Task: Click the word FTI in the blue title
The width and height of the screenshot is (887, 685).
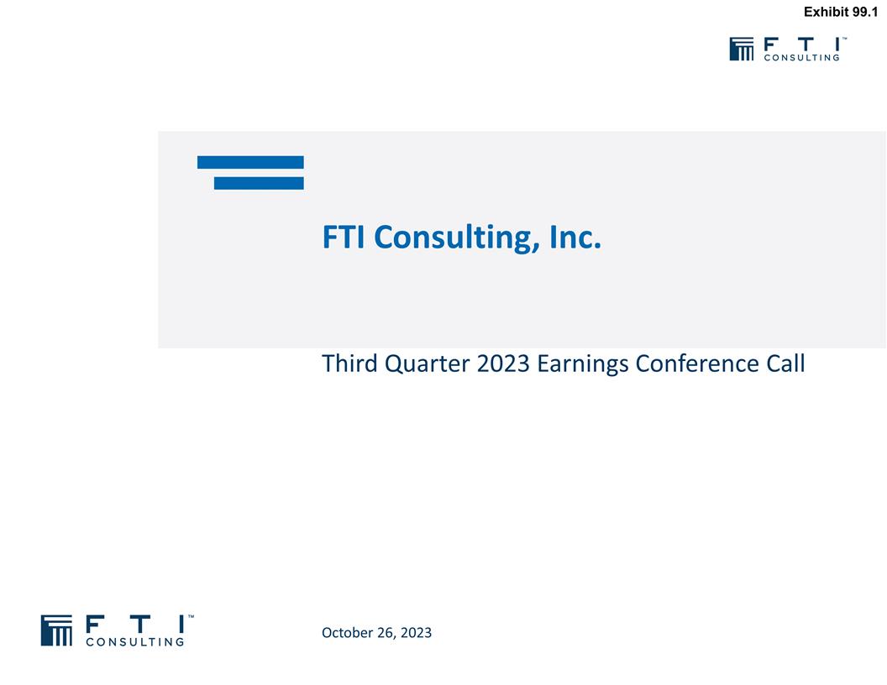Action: point(344,238)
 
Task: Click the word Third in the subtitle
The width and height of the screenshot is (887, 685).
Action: point(350,364)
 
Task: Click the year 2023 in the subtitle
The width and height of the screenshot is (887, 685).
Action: point(502,364)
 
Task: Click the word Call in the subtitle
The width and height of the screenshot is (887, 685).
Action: point(785,364)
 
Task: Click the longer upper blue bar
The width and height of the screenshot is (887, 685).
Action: point(250,162)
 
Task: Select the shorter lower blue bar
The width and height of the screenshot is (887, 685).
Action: point(259,183)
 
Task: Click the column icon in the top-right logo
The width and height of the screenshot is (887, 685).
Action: point(742,49)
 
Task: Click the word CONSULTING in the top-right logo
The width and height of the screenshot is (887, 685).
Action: point(801,58)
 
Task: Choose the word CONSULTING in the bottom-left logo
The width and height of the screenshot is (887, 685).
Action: point(135,642)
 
